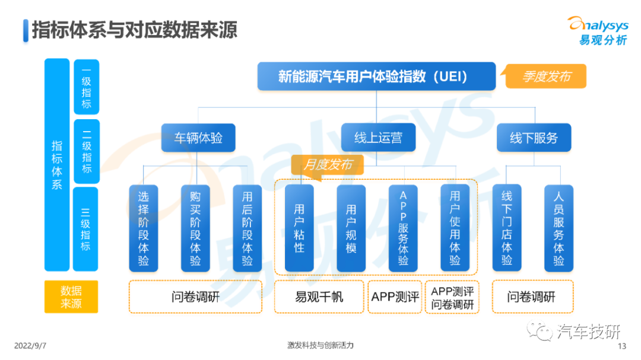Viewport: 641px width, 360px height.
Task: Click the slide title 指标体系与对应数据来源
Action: (x=135, y=30)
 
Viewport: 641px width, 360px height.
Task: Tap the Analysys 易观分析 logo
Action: (x=598, y=30)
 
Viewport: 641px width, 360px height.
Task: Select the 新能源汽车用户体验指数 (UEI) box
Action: (x=376, y=77)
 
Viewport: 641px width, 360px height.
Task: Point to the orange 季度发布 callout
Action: (x=546, y=76)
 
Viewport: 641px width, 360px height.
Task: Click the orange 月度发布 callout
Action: (x=327, y=165)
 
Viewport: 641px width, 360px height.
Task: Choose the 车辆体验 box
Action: (x=198, y=138)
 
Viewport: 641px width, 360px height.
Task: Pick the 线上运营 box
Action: (x=378, y=138)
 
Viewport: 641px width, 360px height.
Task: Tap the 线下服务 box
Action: (x=534, y=138)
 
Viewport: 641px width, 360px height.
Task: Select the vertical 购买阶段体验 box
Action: (x=195, y=228)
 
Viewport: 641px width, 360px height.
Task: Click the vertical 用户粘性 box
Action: (x=299, y=228)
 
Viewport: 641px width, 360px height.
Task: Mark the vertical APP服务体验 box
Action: (x=403, y=228)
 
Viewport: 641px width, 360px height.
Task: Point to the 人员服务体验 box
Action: (x=559, y=228)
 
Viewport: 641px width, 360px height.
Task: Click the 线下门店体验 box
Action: (x=507, y=228)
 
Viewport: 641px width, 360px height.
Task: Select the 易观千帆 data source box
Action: (x=319, y=297)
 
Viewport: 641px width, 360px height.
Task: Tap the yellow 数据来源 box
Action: (x=71, y=297)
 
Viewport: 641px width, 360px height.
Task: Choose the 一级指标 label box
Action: (x=86, y=87)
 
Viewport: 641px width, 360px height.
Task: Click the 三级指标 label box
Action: (x=85, y=229)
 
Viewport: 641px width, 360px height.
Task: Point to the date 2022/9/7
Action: (x=30, y=346)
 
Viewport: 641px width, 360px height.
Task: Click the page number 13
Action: (x=622, y=346)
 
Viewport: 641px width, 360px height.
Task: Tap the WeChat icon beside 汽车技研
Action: (x=539, y=330)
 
